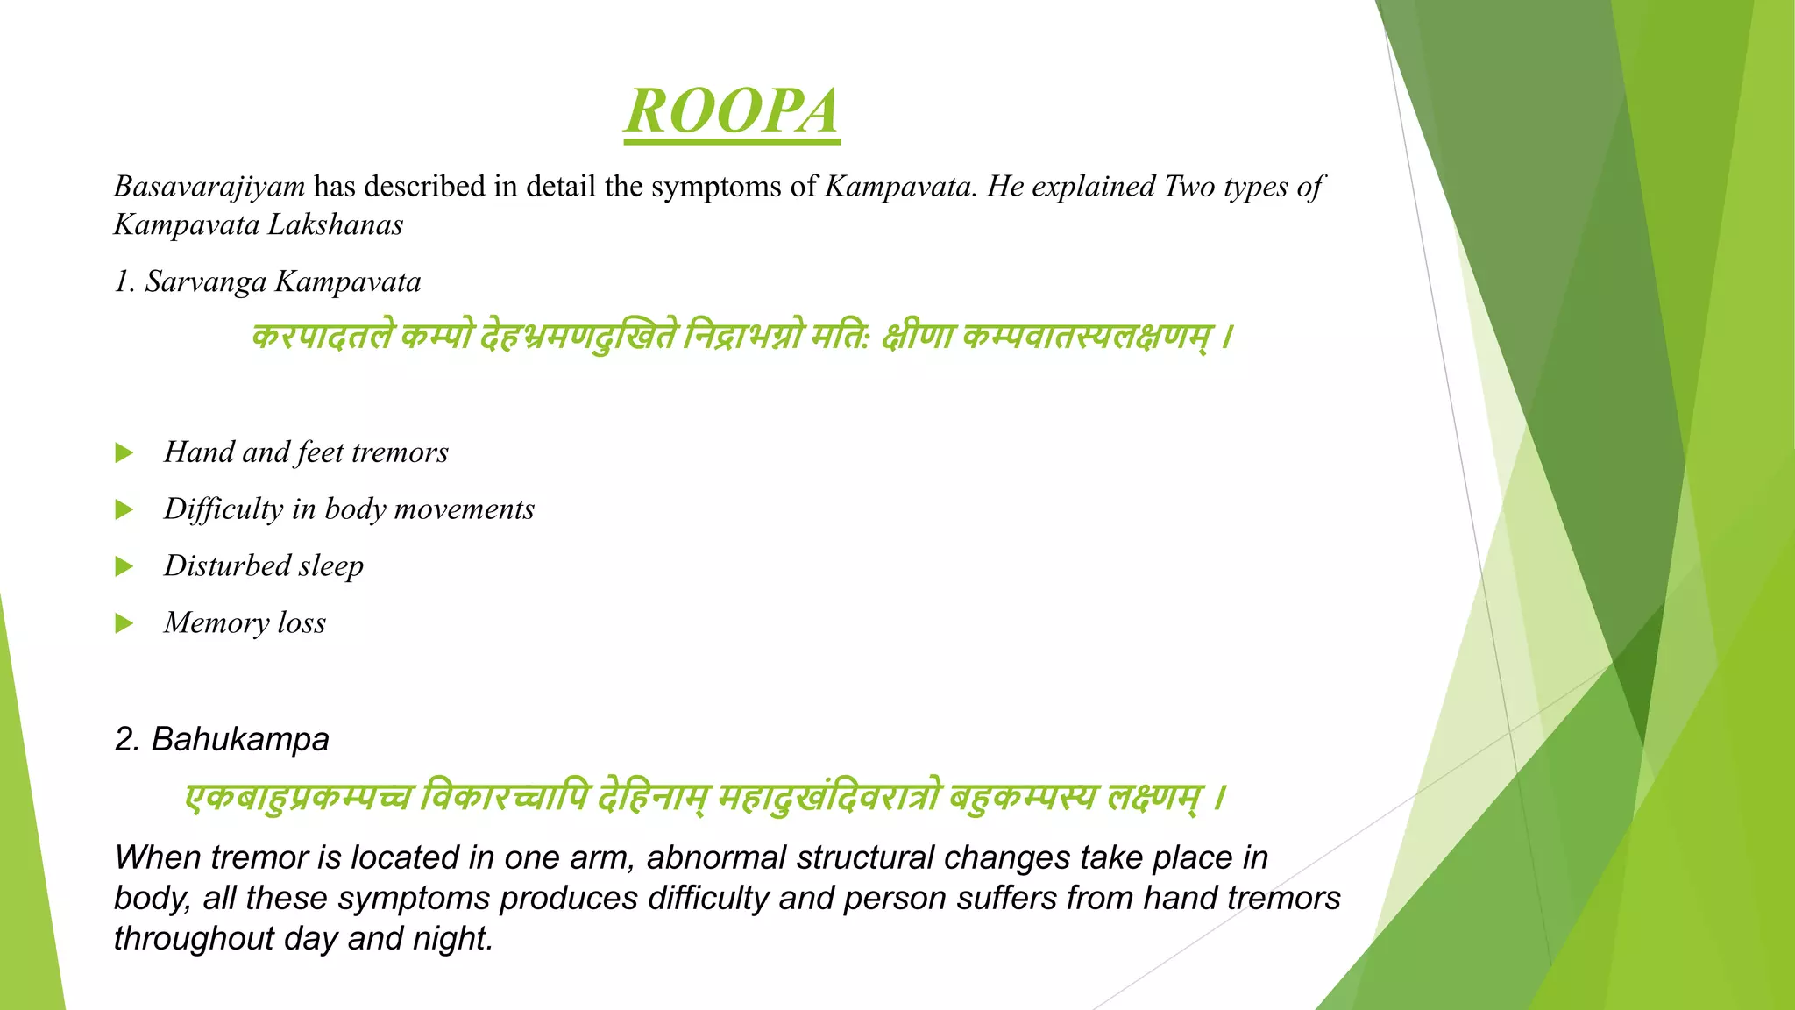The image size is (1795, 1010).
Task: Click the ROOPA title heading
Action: coord(732,112)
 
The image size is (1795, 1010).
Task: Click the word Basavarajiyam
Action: coord(209,187)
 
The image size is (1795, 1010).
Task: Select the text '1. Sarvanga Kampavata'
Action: coord(267,282)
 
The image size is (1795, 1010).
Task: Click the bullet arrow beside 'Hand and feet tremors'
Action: coord(124,453)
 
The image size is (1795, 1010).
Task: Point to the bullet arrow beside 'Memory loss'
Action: coord(124,623)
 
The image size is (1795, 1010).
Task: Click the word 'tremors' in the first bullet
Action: coord(400,452)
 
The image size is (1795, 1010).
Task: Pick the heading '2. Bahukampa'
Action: coord(222,739)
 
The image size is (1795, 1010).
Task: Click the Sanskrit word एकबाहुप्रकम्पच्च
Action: coord(298,798)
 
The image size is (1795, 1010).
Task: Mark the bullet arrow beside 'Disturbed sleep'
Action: coord(124,566)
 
